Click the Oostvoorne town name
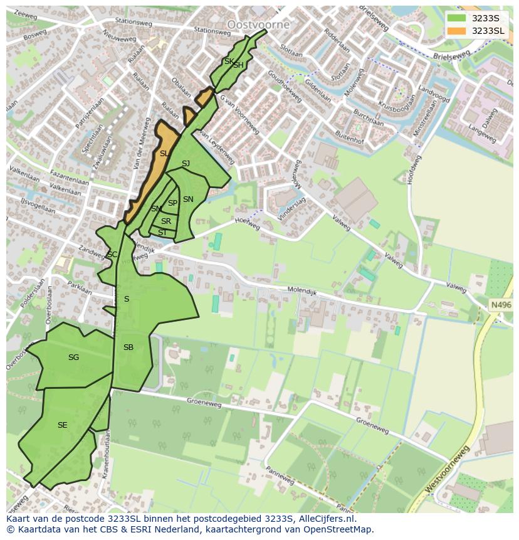pyautogui.click(x=258, y=24)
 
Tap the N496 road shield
pyautogui.click(x=501, y=305)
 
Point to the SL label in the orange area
pyautogui.click(x=164, y=154)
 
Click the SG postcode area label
pyautogui.click(x=73, y=357)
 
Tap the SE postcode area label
pyautogui.click(x=62, y=425)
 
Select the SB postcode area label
pyautogui.click(x=128, y=347)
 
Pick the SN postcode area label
pyautogui.click(x=188, y=199)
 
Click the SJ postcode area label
pyautogui.click(x=186, y=164)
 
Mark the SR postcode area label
pyautogui.click(x=165, y=221)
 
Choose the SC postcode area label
pyautogui.click(x=112, y=255)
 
